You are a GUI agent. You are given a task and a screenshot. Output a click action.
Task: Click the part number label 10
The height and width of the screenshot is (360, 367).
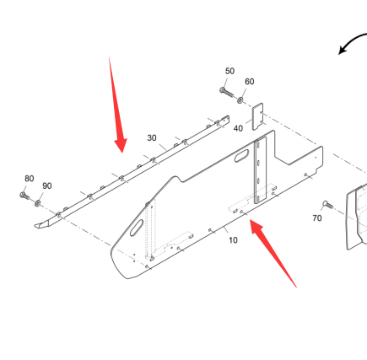[233, 240]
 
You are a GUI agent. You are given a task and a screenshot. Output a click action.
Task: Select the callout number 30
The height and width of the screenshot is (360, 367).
[152, 138]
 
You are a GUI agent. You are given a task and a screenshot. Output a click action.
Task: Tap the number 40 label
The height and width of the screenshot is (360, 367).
[238, 128]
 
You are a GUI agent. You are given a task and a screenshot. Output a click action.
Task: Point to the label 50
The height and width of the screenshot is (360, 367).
[229, 71]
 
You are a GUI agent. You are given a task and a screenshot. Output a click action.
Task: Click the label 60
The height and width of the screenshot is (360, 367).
[250, 82]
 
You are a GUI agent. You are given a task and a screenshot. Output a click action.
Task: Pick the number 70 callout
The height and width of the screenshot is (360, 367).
[317, 218]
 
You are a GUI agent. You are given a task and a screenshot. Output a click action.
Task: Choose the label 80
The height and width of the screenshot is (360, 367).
[30, 179]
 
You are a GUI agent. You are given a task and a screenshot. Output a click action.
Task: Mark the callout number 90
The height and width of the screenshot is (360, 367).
[47, 185]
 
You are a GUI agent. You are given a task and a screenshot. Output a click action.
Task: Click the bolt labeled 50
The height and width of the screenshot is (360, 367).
[226, 92]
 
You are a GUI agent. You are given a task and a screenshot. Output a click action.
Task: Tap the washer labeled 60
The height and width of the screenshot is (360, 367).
[240, 99]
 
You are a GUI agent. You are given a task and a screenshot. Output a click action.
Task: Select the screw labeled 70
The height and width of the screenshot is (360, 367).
[328, 204]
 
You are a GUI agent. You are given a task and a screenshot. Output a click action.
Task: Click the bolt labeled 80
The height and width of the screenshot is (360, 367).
[24, 196]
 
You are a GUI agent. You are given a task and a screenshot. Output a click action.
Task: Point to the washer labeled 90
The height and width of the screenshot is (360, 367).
[37, 202]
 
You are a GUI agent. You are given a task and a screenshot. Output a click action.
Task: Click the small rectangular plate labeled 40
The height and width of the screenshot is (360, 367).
[257, 116]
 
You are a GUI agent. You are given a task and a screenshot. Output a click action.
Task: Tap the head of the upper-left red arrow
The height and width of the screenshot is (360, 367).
[121, 145]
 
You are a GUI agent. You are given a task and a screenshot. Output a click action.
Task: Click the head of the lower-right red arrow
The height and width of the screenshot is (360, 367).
[256, 226]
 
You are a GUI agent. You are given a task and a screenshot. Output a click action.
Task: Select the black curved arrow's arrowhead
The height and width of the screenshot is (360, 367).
[343, 50]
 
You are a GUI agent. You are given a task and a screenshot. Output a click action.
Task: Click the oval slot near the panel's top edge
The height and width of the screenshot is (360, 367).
[241, 156]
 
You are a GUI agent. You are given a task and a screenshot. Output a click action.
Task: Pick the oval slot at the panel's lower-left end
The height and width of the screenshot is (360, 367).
[137, 228]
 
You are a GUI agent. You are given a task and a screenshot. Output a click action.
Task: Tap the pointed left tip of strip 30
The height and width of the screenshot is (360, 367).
[35, 225]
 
